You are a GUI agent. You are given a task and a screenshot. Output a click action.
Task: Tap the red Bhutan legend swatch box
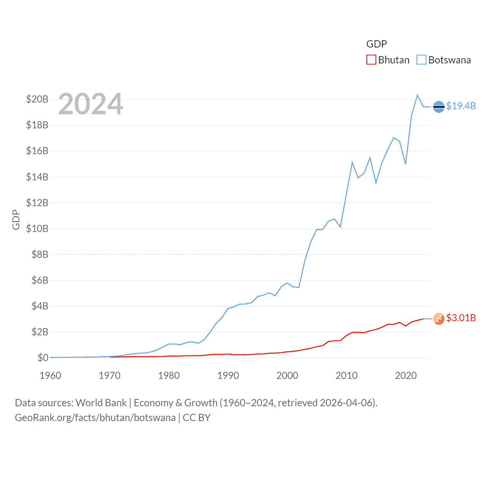coord(371,60)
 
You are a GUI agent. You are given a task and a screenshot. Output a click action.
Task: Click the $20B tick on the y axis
coord(37,99)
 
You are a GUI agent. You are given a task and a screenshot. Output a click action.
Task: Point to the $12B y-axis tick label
coord(37,203)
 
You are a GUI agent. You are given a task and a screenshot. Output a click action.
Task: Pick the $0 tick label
coord(43,358)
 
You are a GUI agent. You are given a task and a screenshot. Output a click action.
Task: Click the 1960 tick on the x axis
coord(50,376)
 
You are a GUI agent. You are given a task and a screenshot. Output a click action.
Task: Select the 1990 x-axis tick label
coord(228,376)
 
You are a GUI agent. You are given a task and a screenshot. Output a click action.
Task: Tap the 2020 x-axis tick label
coord(406,376)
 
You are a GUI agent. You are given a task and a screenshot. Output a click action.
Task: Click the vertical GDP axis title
coord(16,219)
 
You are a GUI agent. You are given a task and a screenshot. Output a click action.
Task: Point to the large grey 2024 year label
coord(91,104)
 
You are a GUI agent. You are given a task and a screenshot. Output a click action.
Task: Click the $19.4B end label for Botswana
coord(461,106)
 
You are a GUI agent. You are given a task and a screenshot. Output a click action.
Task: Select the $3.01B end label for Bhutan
coord(461,318)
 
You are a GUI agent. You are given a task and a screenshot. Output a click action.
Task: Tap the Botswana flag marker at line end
coord(439,107)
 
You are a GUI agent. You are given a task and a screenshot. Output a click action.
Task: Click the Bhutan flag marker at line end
coord(439,319)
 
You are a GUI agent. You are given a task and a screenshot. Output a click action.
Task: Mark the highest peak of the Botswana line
coord(418,95)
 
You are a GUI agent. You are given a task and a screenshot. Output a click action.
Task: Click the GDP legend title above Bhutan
coord(376,44)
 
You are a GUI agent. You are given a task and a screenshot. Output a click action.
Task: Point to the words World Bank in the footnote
coord(101,403)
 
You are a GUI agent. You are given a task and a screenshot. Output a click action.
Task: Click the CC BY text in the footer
coord(197,418)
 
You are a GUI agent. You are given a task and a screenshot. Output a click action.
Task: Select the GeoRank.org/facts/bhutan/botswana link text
coord(95,418)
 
